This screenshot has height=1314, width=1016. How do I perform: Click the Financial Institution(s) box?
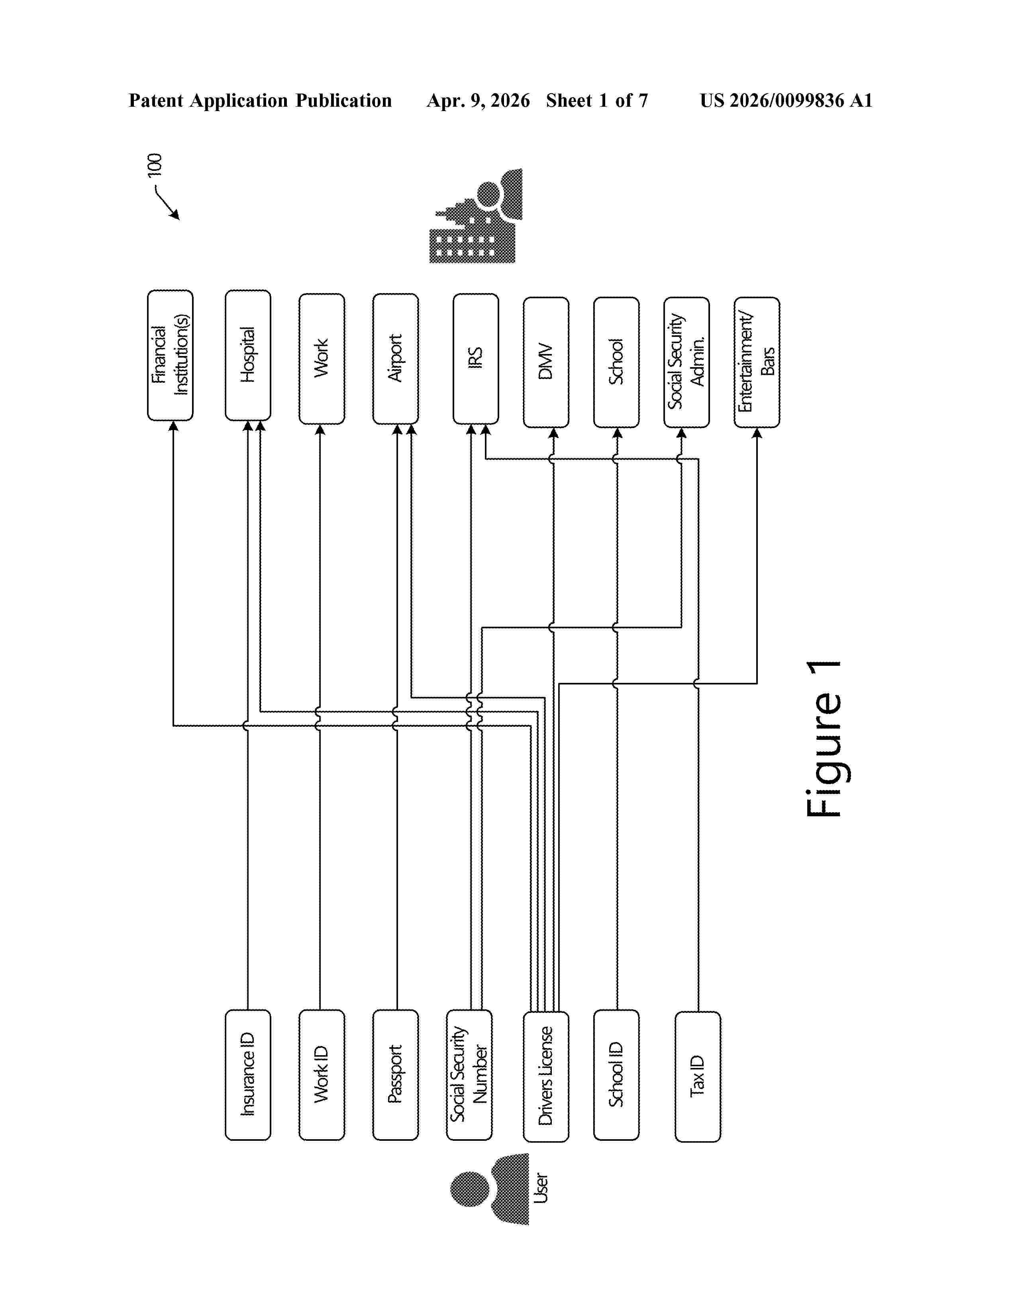171,355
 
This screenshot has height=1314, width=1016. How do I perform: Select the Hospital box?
248,355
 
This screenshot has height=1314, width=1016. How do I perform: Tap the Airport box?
396,359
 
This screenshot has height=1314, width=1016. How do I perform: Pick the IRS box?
475,359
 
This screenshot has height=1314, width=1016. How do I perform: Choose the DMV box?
546,362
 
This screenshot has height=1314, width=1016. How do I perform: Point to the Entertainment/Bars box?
757,362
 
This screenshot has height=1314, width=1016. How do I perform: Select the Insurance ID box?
248,1075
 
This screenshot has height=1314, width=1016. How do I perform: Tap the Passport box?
396,1075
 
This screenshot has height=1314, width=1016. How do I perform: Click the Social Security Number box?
469,1075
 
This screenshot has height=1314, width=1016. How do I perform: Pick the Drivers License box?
546,1077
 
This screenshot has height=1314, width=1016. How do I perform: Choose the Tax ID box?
698,1077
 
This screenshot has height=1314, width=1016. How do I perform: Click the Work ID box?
322,1075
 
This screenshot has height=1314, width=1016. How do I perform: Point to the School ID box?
616,1075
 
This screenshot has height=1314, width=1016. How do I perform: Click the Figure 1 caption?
824,739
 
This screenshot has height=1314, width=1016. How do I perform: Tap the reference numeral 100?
155,166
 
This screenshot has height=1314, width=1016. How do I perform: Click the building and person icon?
475,215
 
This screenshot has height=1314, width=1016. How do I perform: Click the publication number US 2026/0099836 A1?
786,100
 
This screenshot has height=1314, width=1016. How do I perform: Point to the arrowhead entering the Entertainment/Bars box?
757,432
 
